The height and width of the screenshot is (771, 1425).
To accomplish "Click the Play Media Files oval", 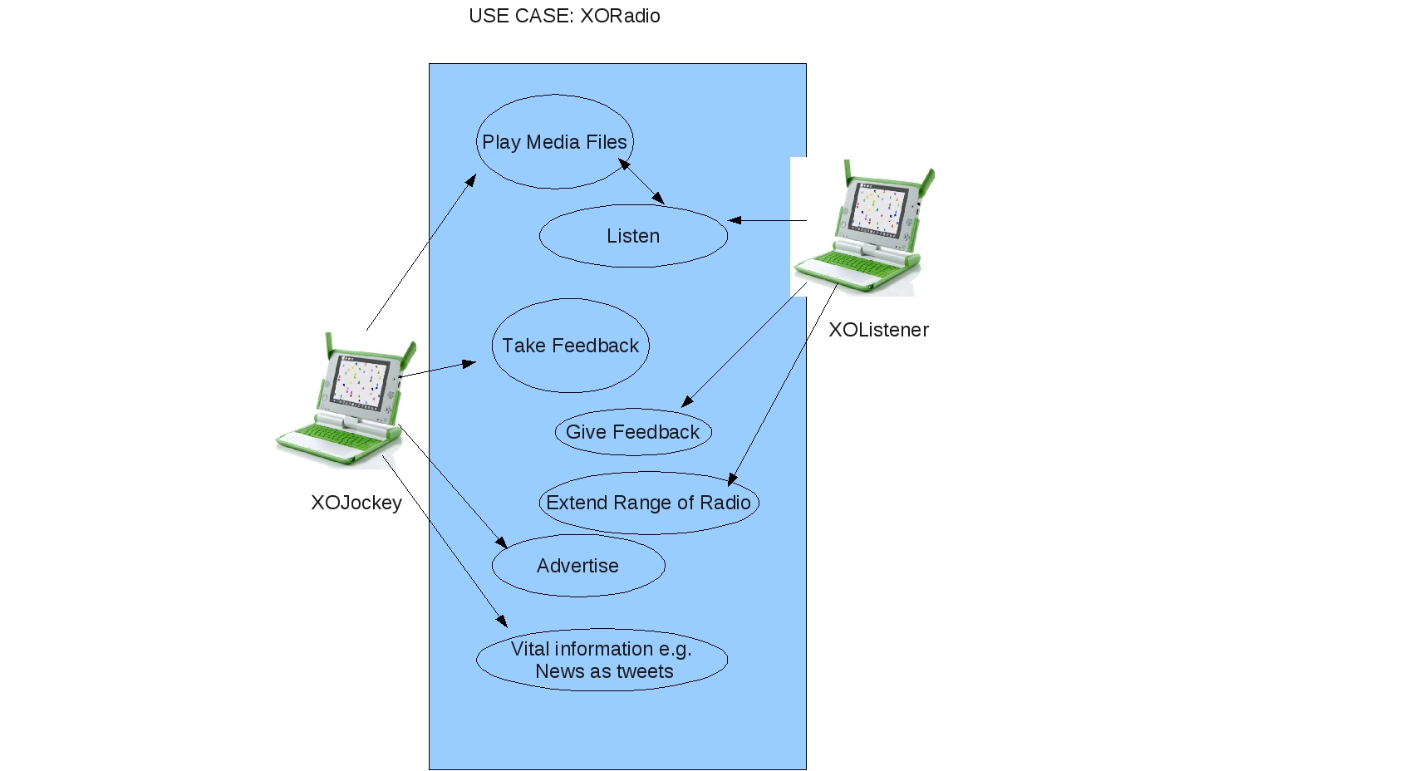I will (554, 142).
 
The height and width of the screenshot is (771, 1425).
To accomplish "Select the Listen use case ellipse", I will (633, 236).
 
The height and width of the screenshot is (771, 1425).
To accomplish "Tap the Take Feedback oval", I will (570, 346).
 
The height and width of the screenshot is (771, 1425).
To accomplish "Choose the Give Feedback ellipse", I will (633, 432).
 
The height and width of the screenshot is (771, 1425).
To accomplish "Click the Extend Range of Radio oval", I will (648, 503).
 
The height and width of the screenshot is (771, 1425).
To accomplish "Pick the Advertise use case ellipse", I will (578, 566).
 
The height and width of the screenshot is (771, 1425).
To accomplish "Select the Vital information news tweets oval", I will (602, 660).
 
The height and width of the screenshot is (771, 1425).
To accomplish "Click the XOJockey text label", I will (356, 503).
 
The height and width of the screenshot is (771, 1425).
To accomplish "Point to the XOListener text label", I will (878, 330).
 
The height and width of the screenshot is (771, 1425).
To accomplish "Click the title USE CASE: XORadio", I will (564, 16).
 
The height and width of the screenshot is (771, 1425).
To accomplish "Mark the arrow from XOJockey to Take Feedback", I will (438, 369).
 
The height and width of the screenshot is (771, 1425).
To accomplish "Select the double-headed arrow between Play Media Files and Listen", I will (641, 182).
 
